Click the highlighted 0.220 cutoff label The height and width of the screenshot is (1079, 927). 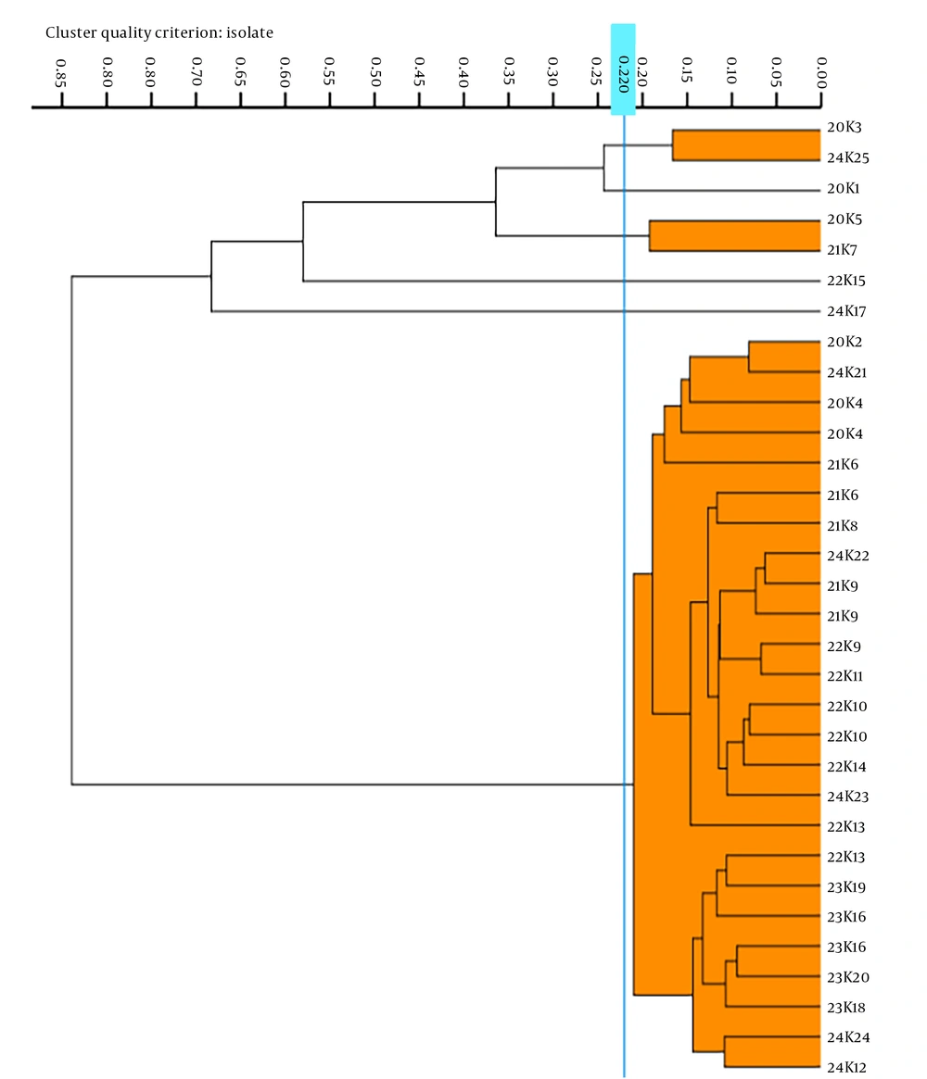pos(623,74)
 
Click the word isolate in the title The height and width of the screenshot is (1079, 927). pos(249,32)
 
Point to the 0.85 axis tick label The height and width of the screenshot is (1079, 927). pos(60,73)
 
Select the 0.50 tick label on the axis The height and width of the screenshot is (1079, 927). pos(375,71)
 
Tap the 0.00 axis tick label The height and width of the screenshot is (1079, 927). pos(821,72)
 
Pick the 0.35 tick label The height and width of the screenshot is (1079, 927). pos(509,71)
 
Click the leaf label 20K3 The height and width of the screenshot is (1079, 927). pos(844,127)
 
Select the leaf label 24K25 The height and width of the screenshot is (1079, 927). pos(848,157)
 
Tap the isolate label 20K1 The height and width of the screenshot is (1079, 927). pos(844,188)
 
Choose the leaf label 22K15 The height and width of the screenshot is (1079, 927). pos(846,280)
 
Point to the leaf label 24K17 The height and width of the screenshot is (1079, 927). pos(846,311)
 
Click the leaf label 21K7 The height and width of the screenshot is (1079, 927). pos(843,249)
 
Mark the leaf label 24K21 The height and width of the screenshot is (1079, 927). pos(847,372)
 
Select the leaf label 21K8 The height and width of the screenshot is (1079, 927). pos(843,526)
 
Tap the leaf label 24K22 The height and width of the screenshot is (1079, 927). pos(848,556)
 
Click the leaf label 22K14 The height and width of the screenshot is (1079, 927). pos(846,767)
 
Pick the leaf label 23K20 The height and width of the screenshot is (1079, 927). pos(848,977)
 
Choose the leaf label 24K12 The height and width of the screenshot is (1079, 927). pos(846,1067)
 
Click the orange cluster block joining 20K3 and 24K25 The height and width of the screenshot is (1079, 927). pos(746,145)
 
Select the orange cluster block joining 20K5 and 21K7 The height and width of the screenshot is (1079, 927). pos(735,236)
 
